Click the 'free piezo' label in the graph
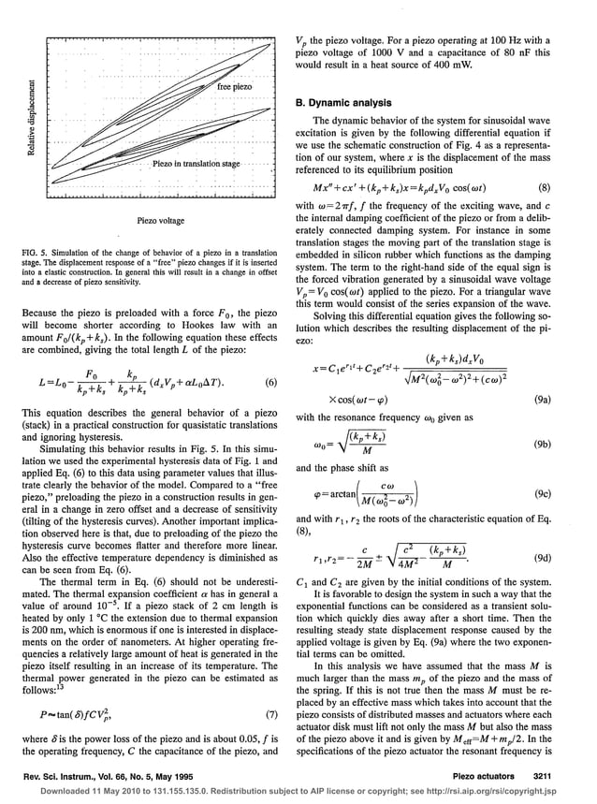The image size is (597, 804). coord(235,87)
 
